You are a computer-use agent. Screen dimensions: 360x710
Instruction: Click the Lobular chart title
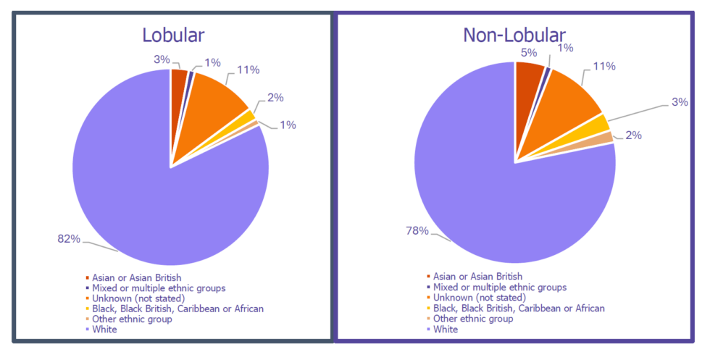173,35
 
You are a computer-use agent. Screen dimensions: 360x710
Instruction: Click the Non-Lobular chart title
515,35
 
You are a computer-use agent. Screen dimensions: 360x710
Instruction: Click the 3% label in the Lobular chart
161,59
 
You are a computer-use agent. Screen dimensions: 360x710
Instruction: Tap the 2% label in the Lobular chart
275,98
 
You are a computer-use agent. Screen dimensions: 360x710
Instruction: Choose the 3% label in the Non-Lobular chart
678,102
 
